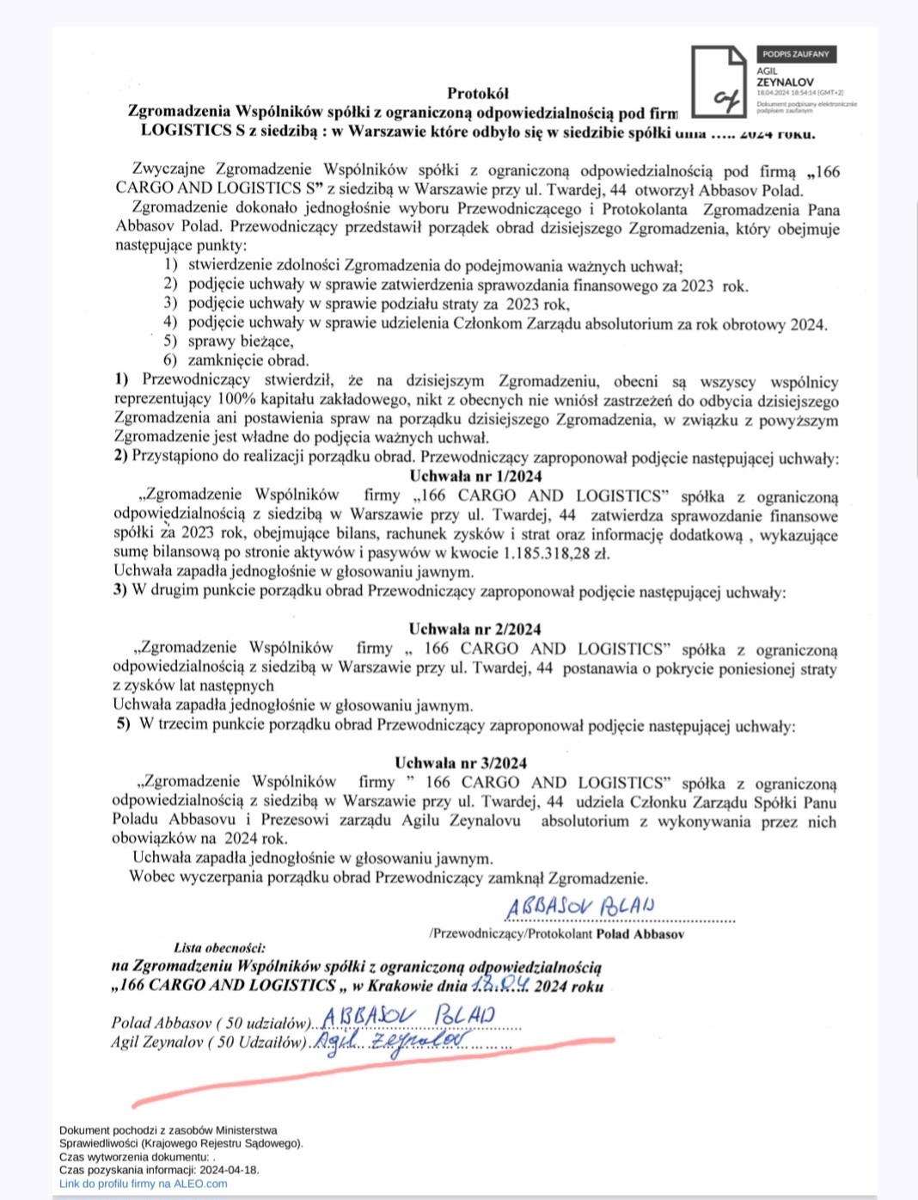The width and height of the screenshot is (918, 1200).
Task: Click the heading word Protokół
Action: pyautogui.click(x=478, y=93)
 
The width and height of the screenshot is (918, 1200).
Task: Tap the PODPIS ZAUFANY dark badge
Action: pyautogui.click(x=796, y=54)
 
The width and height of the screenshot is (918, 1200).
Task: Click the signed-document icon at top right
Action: pyautogui.click(x=719, y=81)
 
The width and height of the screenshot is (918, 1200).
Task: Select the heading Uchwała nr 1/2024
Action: pyautogui.click(x=475, y=477)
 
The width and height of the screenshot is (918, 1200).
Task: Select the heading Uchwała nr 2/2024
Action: pyautogui.click(x=474, y=629)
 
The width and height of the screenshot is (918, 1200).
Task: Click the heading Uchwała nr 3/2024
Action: pyautogui.click(x=461, y=763)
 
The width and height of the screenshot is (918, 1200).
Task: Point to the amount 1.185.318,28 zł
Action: pyautogui.click(x=556, y=553)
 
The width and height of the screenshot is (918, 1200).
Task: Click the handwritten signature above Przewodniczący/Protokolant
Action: pyautogui.click(x=580, y=906)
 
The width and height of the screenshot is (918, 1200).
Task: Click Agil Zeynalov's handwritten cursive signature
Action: pyautogui.click(x=391, y=1042)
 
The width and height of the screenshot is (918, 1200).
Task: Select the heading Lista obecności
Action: pyautogui.click(x=219, y=948)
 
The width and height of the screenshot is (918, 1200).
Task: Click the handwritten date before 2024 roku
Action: pyautogui.click(x=499, y=984)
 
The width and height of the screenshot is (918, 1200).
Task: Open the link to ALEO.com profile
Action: pyautogui.click(x=143, y=1184)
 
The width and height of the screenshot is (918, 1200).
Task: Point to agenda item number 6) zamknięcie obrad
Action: pyautogui.click(x=236, y=360)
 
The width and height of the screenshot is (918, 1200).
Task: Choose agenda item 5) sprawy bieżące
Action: pyautogui.click(x=229, y=342)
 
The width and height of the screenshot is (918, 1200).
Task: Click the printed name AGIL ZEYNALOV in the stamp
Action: pyautogui.click(x=785, y=77)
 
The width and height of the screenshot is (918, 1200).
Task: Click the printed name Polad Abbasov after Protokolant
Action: pyautogui.click(x=640, y=934)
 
